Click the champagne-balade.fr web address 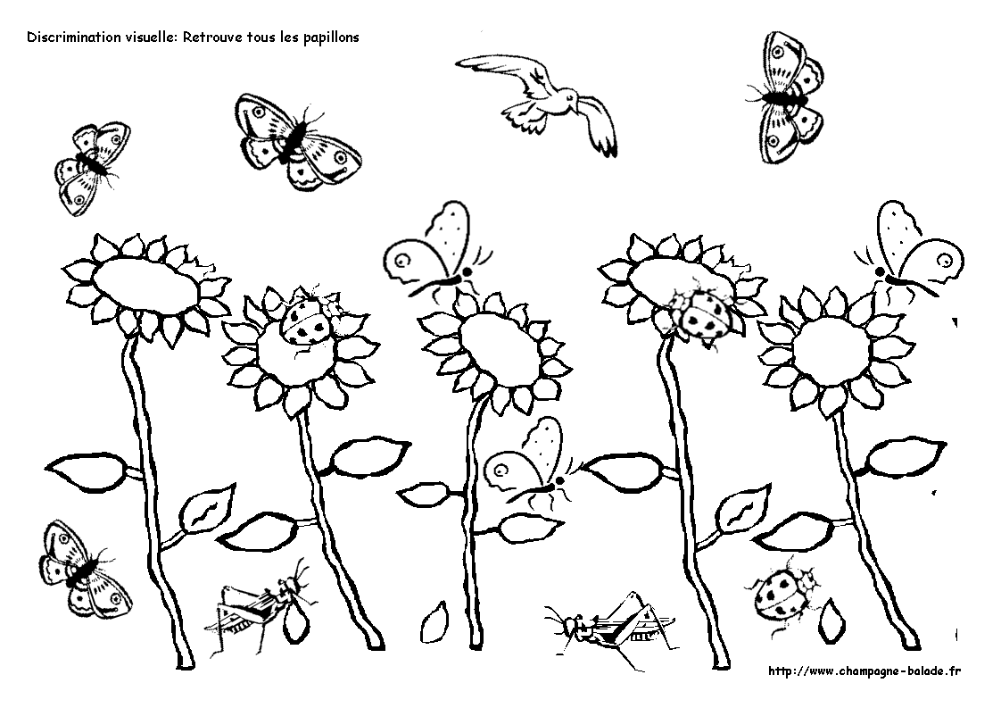point(864,671)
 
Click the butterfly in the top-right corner point(784,97)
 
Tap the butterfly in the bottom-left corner point(84,569)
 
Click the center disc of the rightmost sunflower point(831,352)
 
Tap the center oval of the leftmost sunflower point(145,285)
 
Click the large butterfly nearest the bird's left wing point(296,142)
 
